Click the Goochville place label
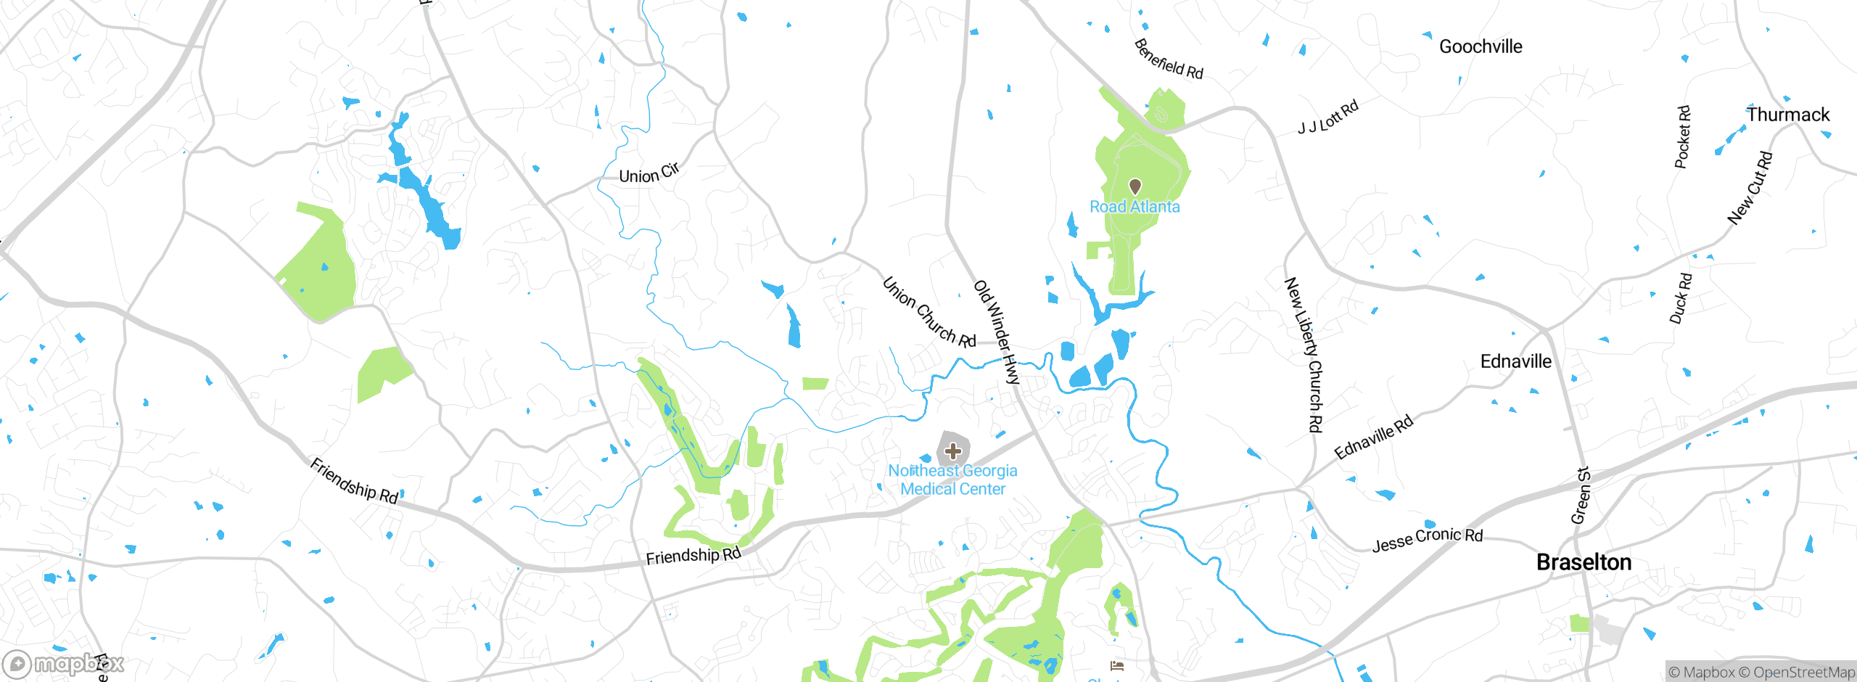click(1481, 46)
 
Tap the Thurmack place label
click(1788, 115)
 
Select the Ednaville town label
click(1515, 361)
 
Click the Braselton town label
click(1584, 562)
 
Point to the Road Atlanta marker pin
click(1135, 186)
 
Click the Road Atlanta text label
click(1135, 207)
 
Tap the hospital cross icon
click(953, 451)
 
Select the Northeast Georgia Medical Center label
click(953, 480)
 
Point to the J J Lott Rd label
click(1328, 118)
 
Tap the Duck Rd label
click(1681, 298)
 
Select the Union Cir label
click(649, 173)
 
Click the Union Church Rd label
click(929, 313)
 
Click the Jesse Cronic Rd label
click(1428, 539)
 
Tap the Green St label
click(1581, 496)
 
